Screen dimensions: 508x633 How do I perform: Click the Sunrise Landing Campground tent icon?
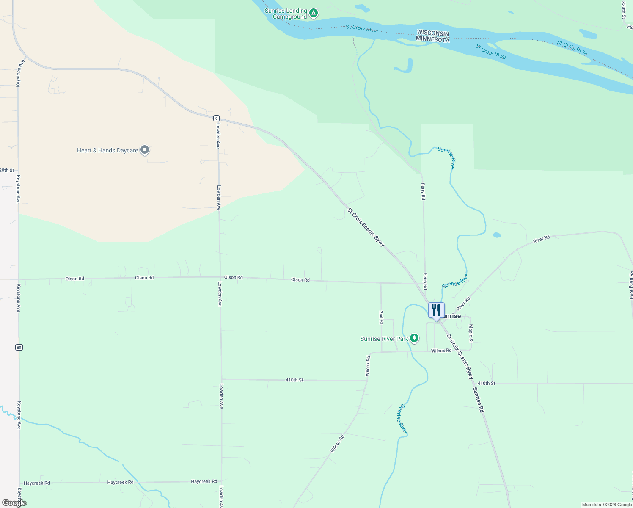tap(313, 14)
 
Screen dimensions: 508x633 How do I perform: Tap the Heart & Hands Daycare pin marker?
tap(145, 150)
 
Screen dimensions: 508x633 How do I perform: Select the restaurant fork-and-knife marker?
tap(436, 310)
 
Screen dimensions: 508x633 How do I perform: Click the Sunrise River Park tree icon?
tap(414, 338)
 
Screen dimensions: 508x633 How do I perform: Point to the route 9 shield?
tap(216, 118)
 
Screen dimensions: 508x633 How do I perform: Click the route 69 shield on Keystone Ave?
tap(19, 347)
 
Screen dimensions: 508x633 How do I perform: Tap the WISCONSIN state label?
tap(433, 33)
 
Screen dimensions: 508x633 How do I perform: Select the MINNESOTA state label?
tap(432, 39)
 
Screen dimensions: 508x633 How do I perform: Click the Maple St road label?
tap(471, 333)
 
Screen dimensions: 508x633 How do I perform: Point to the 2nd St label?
tap(381, 317)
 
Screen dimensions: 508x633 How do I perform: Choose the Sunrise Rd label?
tap(478, 400)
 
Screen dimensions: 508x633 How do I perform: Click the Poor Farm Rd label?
tap(631, 285)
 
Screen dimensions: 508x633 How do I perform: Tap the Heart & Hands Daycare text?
tap(107, 150)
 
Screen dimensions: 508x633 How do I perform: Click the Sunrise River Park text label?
tap(384, 339)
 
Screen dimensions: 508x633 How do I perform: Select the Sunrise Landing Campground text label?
tap(286, 14)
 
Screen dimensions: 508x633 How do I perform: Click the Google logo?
tap(14, 503)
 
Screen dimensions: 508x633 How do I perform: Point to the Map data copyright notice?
tap(607, 505)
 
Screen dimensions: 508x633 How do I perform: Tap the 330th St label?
tap(624, 10)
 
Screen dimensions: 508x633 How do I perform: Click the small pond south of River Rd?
tap(497, 235)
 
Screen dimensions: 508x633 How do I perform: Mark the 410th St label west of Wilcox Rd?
tap(294, 380)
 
